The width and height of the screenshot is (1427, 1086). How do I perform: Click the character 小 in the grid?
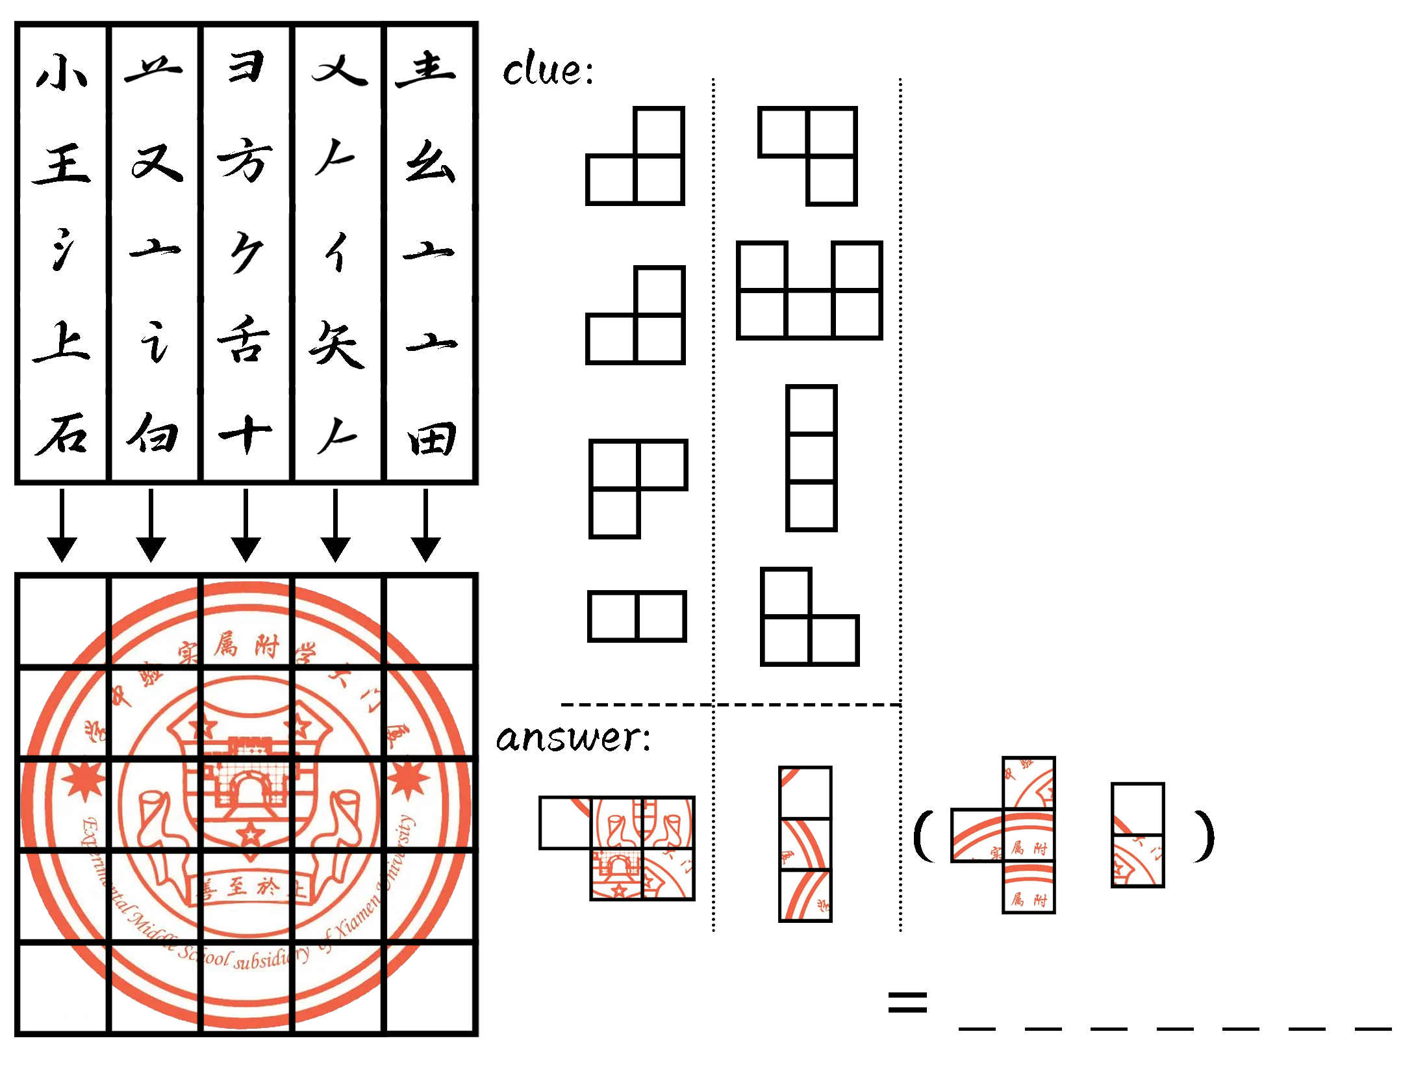(x=62, y=71)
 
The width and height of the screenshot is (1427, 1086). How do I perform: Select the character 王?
(x=62, y=163)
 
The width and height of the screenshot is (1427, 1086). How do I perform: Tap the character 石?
(x=62, y=433)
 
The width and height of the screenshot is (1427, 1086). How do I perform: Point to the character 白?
(x=153, y=433)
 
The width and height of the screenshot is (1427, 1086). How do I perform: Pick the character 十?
(x=246, y=435)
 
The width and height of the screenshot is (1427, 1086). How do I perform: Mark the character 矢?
(x=336, y=344)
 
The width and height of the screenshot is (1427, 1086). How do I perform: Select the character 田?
(x=431, y=439)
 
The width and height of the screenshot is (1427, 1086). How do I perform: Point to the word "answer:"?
(x=573, y=738)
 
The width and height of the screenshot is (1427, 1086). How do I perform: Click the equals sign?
(x=907, y=1002)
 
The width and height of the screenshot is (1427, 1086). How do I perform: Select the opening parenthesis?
(x=924, y=836)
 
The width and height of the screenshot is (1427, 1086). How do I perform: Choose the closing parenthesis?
(x=1204, y=836)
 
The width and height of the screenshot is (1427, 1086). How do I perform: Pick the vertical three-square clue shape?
(x=811, y=458)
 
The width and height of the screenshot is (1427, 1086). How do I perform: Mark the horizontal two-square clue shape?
(x=637, y=616)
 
